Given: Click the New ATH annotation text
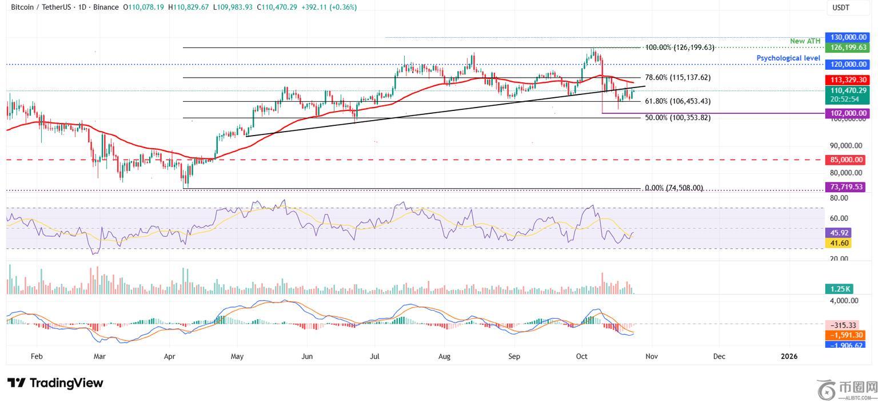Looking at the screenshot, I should coord(805,41).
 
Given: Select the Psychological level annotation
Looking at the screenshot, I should coord(788,58).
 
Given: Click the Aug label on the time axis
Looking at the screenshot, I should coord(444,356).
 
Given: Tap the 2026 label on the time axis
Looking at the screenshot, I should coord(789,356).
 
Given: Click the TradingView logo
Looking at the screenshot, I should coord(55,383).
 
